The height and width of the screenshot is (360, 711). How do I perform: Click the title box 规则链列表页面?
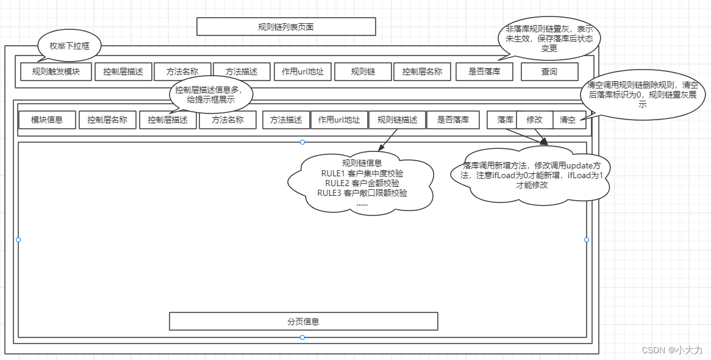tap(286, 27)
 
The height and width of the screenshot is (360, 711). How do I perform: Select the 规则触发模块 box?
tap(55, 71)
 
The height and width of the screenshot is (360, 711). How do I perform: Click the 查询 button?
tap(549, 71)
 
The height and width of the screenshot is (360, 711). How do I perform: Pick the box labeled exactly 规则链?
tap(363, 71)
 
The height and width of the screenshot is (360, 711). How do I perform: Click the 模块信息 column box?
tap(47, 120)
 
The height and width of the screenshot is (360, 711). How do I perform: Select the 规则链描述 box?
tap(398, 120)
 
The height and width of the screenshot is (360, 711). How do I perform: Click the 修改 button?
tap(534, 120)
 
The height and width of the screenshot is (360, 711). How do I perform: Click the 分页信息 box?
tap(303, 321)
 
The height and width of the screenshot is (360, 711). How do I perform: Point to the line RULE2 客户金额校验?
tap(362, 183)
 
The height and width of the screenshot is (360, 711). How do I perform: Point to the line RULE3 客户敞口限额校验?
tap(362, 193)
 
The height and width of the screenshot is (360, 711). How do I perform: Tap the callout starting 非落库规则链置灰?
tap(549, 38)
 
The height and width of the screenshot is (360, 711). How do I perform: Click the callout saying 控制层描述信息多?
tap(210, 95)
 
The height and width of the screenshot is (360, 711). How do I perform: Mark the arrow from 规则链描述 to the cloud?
tap(388, 140)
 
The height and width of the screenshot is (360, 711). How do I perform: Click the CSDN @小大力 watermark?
tap(672, 350)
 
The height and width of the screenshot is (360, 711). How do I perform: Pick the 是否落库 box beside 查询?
tap(484, 71)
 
